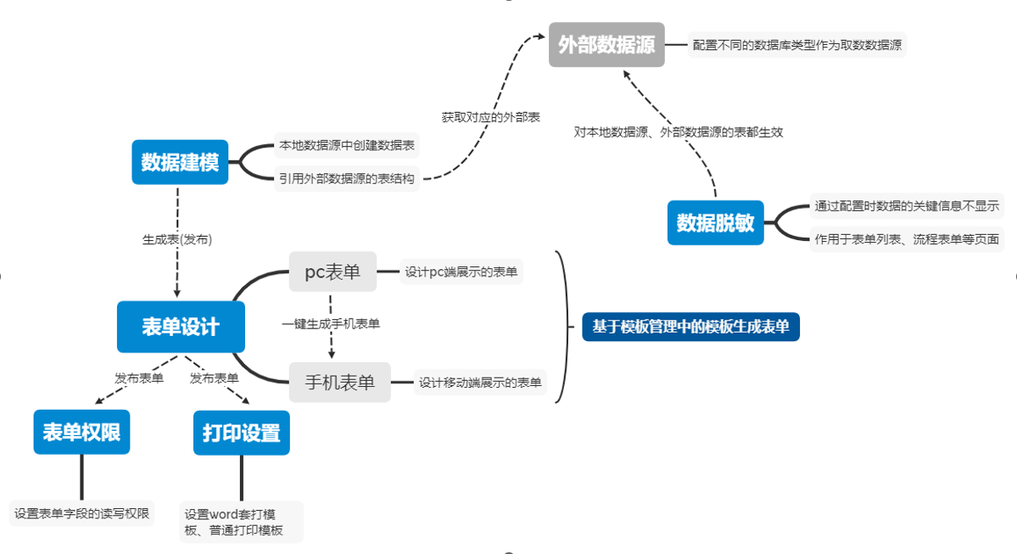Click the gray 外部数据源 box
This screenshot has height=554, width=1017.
point(606,44)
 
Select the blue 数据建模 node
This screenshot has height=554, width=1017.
point(180,162)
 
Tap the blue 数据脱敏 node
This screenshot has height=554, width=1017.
point(715,222)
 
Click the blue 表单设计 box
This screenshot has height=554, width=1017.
point(181,327)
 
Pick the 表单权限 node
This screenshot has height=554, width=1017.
point(81,433)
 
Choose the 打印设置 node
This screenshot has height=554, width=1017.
point(241,433)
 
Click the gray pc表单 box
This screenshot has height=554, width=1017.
point(332,272)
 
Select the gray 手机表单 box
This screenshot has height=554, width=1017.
point(339,382)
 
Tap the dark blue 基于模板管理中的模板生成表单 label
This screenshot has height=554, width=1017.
point(690,327)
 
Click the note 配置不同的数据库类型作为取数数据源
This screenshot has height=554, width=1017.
point(796,45)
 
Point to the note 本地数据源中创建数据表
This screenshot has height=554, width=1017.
point(347,146)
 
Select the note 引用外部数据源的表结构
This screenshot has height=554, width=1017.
point(347,178)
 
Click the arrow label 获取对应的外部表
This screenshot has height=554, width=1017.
point(490,117)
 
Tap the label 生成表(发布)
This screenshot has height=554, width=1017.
point(177,239)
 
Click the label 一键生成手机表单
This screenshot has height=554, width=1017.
point(331,323)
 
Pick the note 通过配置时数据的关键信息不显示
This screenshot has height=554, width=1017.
point(906,206)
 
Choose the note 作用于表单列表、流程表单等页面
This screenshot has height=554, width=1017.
point(906,238)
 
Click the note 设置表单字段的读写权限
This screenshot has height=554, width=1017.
point(81,513)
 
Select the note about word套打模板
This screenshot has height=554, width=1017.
point(242,523)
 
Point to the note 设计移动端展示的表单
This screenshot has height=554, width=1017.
point(480,383)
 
